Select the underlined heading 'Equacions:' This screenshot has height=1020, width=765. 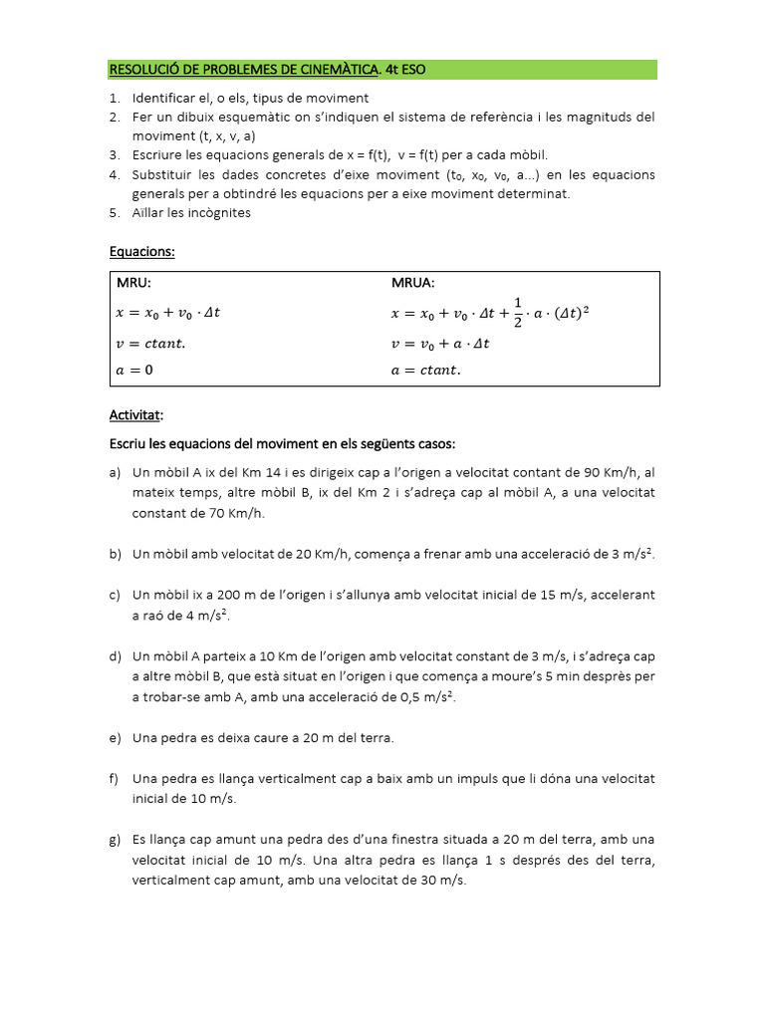(x=141, y=252)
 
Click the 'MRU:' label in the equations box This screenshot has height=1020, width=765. (x=134, y=284)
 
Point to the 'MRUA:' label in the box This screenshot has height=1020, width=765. (x=412, y=284)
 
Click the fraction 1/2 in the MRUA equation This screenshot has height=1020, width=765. (x=517, y=312)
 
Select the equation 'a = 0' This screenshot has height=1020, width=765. (x=135, y=370)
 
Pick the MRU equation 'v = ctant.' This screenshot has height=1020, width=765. (x=150, y=344)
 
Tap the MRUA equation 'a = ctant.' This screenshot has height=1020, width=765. (x=426, y=370)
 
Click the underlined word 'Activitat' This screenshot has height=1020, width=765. (x=134, y=414)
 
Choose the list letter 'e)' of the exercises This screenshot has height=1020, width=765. (x=115, y=738)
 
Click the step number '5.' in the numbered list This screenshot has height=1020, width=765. (x=115, y=212)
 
